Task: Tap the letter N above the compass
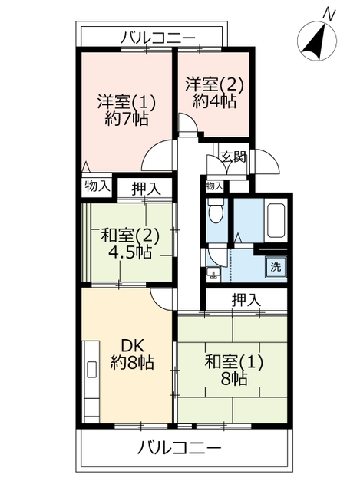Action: (x=329, y=13)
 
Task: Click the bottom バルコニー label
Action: (x=181, y=448)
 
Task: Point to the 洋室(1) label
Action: (x=126, y=101)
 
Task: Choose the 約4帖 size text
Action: (x=215, y=101)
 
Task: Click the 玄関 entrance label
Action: (x=234, y=157)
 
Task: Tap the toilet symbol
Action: (x=216, y=213)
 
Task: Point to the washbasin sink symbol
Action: (x=213, y=272)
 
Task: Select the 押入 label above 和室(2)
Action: (x=145, y=187)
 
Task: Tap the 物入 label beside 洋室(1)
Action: (x=97, y=186)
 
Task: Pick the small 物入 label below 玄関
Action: (x=215, y=186)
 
